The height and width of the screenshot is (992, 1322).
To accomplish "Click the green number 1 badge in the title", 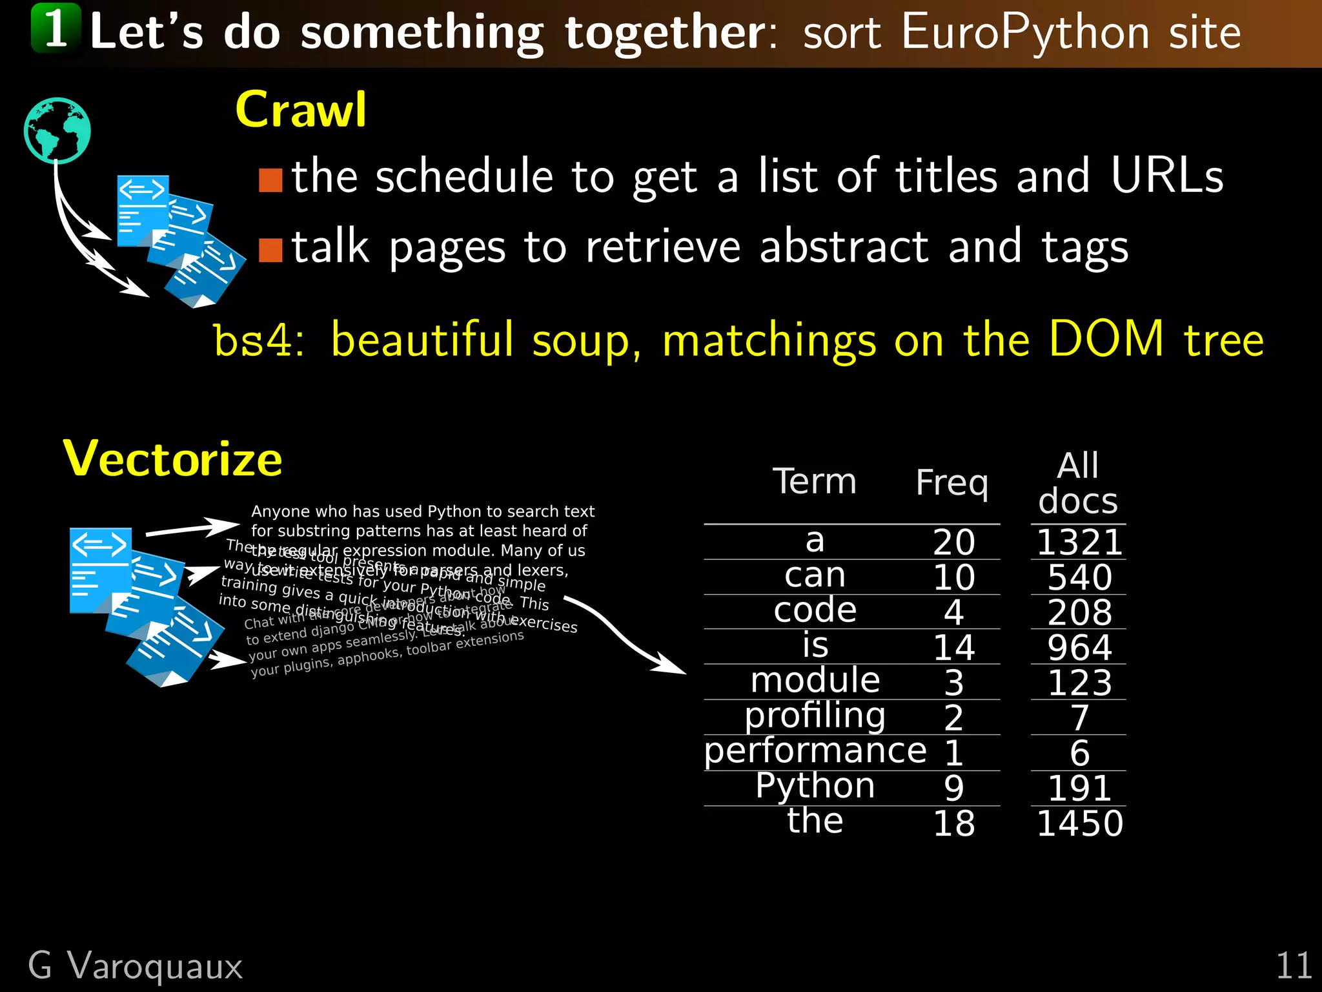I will click(x=56, y=28).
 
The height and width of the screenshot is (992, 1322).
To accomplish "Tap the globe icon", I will click(x=57, y=130).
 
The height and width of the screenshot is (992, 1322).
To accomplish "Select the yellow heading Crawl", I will click(x=301, y=110).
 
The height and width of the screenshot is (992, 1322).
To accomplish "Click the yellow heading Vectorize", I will click(x=173, y=459).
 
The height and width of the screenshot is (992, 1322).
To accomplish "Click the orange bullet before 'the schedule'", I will click(x=270, y=180).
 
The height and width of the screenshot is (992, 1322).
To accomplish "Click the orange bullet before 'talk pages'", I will click(x=270, y=251).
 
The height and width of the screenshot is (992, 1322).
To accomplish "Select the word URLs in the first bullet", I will click(x=1167, y=176).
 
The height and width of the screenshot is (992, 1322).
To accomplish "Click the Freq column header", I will click(x=952, y=483).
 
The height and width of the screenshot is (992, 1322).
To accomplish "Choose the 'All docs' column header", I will click(x=1078, y=483).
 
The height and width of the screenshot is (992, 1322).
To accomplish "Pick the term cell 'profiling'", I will click(x=815, y=716).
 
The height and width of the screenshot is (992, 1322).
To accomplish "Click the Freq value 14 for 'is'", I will click(x=954, y=647).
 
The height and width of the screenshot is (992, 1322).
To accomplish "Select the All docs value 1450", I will click(x=1079, y=823).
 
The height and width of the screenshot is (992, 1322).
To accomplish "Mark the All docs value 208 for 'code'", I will click(x=1079, y=612).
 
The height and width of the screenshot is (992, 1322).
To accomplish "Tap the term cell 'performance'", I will click(x=815, y=751).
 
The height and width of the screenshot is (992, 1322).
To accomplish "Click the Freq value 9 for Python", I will click(x=954, y=788).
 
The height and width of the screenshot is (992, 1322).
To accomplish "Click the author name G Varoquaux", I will click(x=136, y=966).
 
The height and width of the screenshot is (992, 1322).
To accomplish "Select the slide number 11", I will click(x=1294, y=966).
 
